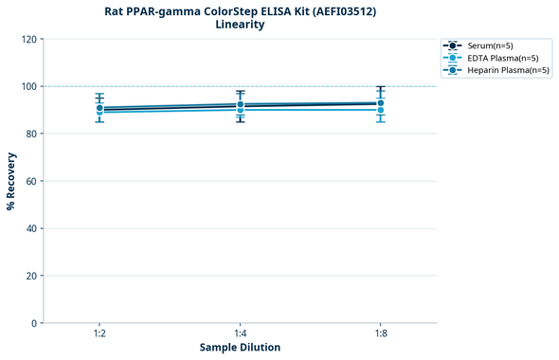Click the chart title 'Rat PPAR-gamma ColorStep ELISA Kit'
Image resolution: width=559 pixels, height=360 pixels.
click(239, 11)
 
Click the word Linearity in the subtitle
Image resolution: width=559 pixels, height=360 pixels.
click(240, 25)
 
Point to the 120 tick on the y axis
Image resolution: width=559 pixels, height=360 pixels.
click(29, 39)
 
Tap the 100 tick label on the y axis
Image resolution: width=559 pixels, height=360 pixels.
click(29, 86)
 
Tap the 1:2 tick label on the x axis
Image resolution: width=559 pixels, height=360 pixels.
click(99, 334)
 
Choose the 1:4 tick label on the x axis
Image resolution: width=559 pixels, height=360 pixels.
click(240, 334)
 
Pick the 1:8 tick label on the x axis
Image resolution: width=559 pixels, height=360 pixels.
click(380, 334)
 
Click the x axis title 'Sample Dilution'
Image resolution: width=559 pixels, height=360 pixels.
click(240, 348)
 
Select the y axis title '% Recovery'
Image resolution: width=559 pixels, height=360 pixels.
click(11, 181)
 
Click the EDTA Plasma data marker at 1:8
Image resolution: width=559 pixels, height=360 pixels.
click(380, 110)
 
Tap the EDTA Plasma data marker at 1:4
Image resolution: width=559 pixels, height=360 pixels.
click(240, 110)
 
